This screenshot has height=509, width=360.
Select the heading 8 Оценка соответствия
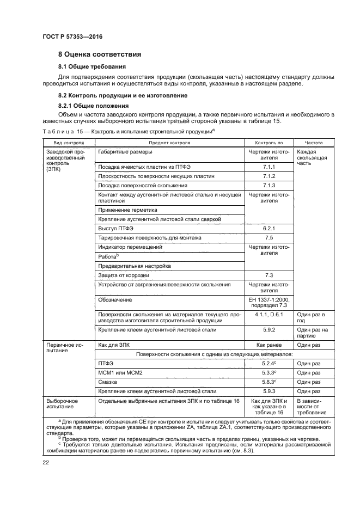coord(100,54)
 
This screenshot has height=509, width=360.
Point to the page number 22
coord(46,462)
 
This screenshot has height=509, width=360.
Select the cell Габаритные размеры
coord(125,152)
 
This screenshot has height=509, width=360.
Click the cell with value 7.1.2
coord(269,176)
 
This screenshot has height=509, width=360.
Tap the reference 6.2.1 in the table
coord(269,229)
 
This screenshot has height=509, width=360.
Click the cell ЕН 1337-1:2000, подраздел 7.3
coord(269,302)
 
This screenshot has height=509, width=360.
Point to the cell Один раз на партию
coord(313,333)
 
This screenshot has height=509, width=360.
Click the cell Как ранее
coord(269,345)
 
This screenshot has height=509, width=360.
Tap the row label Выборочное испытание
coord(63,404)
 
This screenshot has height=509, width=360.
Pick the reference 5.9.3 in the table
coord(269,391)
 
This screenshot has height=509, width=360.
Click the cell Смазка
coord(108,382)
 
